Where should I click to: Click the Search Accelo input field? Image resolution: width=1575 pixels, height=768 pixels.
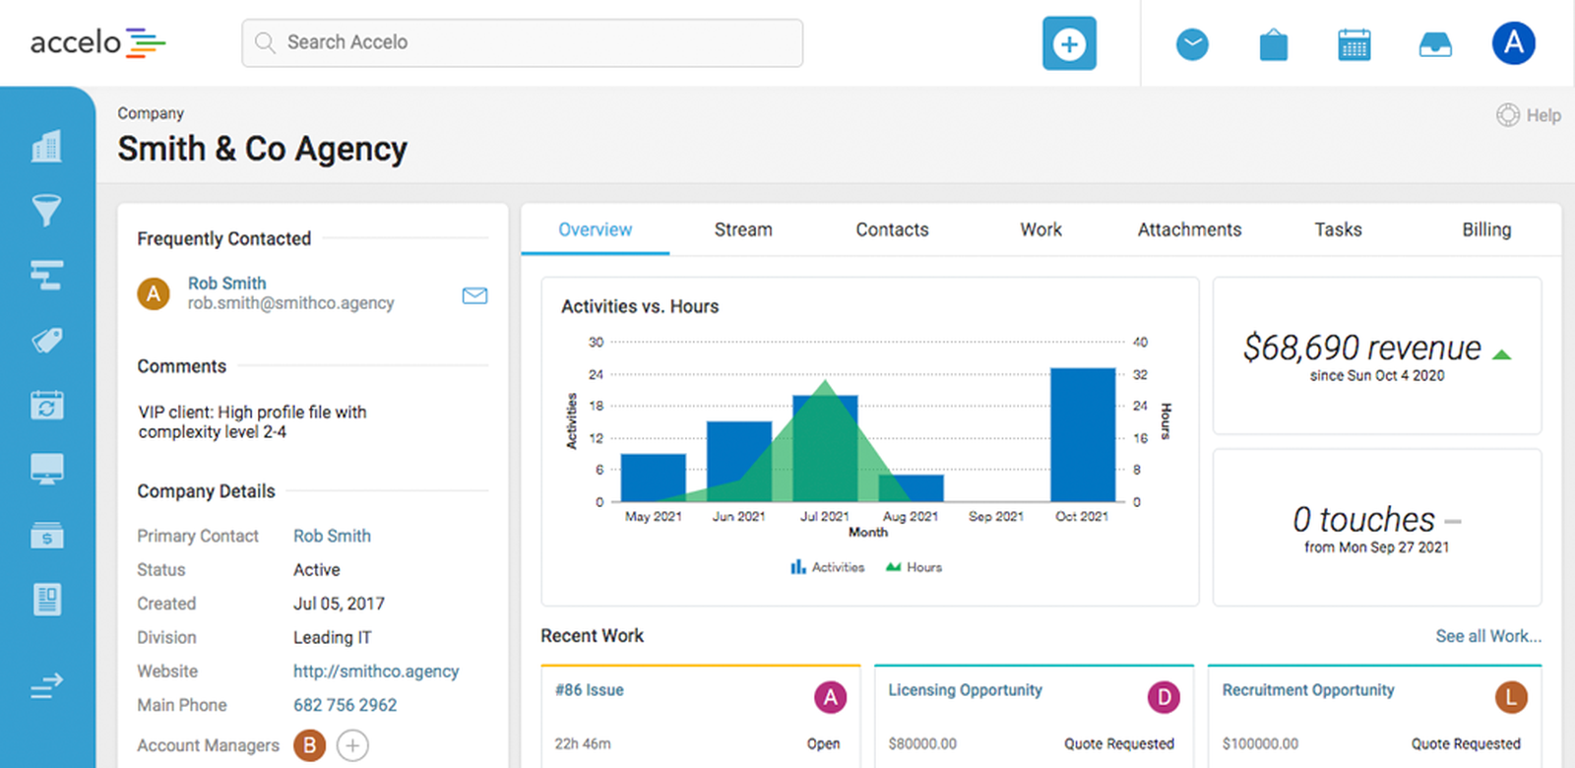pyautogui.click(x=522, y=42)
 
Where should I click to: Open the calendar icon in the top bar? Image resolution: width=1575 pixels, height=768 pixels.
pyautogui.click(x=1354, y=44)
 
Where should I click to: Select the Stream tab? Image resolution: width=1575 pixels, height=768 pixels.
pyautogui.click(x=743, y=229)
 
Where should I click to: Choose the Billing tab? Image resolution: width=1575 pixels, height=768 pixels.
pyautogui.click(x=1485, y=229)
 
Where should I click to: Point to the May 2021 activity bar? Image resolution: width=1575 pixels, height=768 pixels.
pyautogui.click(x=653, y=478)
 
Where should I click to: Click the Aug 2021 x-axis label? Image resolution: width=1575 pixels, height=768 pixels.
pyautogui.click(x=910, y=516)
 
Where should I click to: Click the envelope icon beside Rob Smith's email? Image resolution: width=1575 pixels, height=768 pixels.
pyautogui.click(x=474, y=295)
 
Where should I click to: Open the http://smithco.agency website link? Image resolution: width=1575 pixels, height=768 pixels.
pyautogui.click(x=375, y=672)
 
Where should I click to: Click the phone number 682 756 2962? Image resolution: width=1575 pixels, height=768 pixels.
pyautogui.click(x=345, y=705)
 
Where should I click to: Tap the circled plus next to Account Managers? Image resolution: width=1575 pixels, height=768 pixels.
pyautogui.click(x=352, y=745)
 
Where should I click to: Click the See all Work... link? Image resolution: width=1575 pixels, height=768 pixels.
pyautogui.click(x=1487, y=636)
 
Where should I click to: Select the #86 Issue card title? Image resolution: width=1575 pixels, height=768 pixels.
pyautogui.click(x=589, y=690)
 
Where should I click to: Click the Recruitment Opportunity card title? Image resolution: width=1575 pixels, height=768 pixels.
pyautogui.click(x=1307, y=690)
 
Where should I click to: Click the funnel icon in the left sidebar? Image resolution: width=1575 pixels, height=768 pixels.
pyautogui.click(x=46, y=210)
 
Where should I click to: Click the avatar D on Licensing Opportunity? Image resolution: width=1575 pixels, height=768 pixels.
pyautogui.click(x=1163, y=697)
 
